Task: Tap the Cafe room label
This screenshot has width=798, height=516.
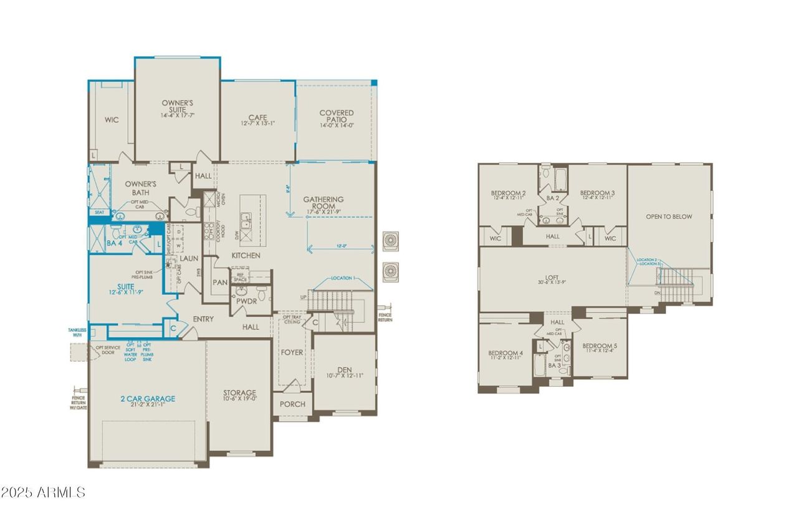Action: pos(257,117)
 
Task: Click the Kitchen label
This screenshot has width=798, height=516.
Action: pos(246,256)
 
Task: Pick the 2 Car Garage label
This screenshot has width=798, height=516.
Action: pos(147,399)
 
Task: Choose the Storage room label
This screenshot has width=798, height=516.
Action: pos(239,394)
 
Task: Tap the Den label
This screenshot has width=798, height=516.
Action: pos(344,370)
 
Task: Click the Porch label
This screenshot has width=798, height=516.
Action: pos(292,404)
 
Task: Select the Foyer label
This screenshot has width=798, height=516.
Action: pos(292,353)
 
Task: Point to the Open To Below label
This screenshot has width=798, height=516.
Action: pos(668,217)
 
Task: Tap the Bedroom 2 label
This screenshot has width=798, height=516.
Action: pos(508,193)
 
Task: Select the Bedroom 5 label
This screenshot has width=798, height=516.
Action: pos(599,346)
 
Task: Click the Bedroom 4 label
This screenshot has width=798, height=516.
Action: pos(505,354)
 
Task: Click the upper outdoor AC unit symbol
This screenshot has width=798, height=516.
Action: pos(390,240)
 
